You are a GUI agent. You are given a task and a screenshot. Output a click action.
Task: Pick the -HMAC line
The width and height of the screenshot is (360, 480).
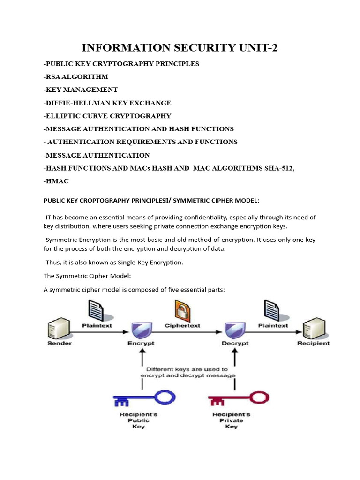tap(56, 181)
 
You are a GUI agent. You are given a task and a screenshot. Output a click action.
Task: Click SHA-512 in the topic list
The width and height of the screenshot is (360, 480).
tap(277, 168)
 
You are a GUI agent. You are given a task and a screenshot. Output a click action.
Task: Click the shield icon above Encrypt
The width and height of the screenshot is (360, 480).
tap(141, 329)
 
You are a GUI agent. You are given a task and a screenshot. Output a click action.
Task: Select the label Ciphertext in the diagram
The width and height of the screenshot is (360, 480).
tap(182, 325)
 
